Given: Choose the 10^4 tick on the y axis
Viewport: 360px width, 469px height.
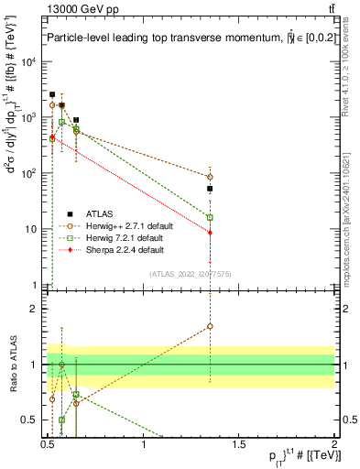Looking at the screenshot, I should (28, 62).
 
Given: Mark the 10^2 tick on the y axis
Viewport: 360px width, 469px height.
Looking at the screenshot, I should (28, 173).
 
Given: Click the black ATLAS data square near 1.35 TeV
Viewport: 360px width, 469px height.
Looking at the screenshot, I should (210, 189).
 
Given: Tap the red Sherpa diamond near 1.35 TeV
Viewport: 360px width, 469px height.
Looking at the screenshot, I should (210, 233).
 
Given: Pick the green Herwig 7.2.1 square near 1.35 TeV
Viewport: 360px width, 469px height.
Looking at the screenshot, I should (210, 217).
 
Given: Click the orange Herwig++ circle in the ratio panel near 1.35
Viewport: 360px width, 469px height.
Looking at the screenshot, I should (210, 326).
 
